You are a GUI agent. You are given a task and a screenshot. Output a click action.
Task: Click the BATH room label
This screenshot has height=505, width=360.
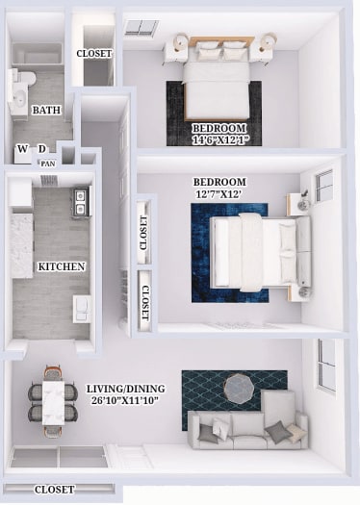click(x=46, y=111)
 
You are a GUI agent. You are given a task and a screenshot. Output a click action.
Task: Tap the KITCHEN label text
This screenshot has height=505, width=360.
click(x=62, y=266)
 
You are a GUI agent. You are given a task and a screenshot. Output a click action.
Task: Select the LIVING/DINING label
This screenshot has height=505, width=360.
click(x=125, y=389)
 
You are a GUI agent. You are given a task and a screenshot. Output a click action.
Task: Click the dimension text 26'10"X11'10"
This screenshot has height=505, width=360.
click(x=125, y=401)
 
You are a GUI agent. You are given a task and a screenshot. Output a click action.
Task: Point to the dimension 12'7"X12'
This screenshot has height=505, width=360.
click(x=219, y=194)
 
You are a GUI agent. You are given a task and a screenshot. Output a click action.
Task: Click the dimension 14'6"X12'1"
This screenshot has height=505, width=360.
click(x=219, y=140)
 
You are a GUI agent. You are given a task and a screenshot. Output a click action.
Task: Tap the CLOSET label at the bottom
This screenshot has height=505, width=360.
click(x=54, y=490)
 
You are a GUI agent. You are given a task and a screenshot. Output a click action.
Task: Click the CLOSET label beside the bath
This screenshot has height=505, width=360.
click(x=93, y=53)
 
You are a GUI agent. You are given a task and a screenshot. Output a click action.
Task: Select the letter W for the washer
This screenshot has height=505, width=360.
click(x=22, y=148)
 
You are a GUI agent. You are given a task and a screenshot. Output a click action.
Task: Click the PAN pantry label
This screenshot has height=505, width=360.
click(x=48, y=164)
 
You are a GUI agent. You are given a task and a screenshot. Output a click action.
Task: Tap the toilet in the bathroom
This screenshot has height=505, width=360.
click(x=23, y=80)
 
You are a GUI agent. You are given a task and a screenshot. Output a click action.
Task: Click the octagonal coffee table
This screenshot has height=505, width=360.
click(x=239, y=388)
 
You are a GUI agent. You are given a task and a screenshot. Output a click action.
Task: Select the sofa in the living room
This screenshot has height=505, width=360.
click(x=247, y=426)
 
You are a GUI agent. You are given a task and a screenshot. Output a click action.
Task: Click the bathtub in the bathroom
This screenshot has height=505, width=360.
click(x=37, y=54)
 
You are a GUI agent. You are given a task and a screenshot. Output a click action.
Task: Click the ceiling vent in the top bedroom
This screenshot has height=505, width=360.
click(x=141, y=28)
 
